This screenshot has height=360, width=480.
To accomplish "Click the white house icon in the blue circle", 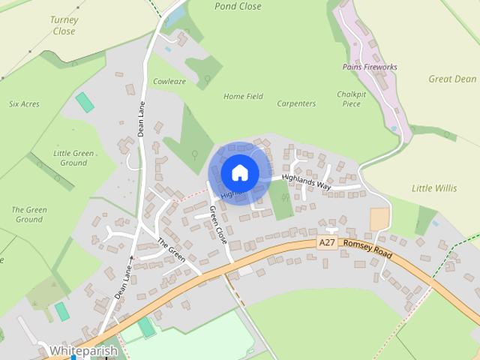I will pos(240,173).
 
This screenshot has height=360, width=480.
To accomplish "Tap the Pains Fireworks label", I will pos(370,67).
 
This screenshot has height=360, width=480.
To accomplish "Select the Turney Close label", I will pos(64,25).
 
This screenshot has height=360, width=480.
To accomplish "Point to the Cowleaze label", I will pos(169,81).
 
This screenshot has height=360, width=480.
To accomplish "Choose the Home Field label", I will pos(244,97).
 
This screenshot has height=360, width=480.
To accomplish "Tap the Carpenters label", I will pos(296,103).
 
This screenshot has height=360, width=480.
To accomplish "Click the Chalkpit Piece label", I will pos(352,99).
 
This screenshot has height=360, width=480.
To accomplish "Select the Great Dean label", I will pos(452,79).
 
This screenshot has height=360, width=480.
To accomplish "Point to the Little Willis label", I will pos(434,188).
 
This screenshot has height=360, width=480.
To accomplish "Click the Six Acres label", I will pos(25,103).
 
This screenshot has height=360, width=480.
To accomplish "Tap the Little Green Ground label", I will pos(73,157).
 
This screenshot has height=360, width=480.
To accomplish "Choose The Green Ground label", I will pos(29,214).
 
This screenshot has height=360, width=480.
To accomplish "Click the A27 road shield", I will pos(326,243).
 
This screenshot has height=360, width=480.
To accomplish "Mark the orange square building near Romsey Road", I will pos(379,219).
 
